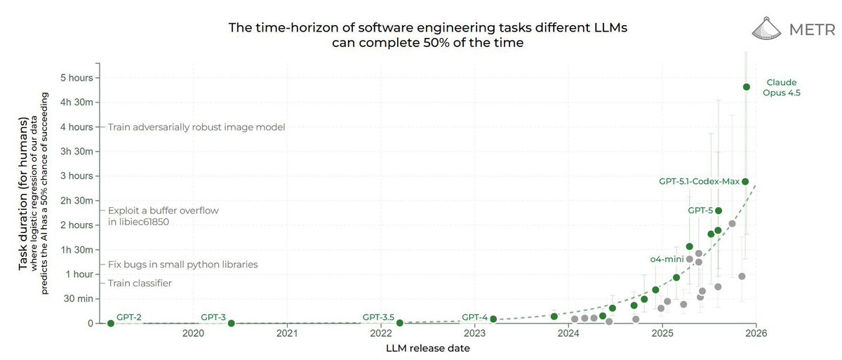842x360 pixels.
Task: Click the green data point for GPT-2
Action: (111, 323)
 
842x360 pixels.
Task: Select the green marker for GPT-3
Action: (232, 323)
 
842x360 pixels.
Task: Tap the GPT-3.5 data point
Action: (400, 323)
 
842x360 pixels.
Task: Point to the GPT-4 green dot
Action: (493, 319)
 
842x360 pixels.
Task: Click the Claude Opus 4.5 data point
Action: (747, 87)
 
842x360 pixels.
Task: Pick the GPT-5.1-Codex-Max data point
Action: (745, 182)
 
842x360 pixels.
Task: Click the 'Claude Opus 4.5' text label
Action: (781, 87)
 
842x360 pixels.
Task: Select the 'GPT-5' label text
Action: (700, 210)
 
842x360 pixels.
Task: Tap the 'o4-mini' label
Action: (666, 259)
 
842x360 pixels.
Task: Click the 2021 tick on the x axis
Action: (287, 334)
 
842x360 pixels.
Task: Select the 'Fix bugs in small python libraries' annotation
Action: (182, 265)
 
